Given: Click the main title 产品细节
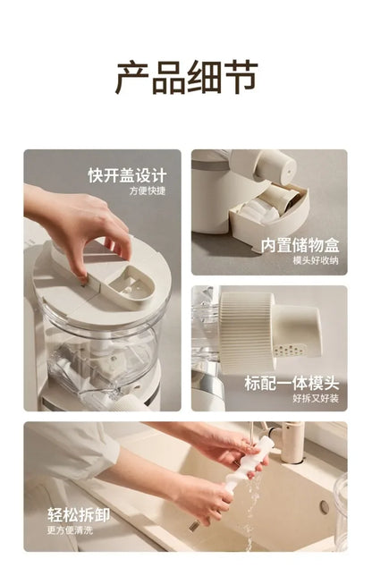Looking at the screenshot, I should [x=186, y=78].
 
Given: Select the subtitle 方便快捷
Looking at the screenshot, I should [x=146, y=191].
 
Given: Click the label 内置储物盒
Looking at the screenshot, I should [x=300, y=245].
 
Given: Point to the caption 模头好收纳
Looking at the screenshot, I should [x=315, y=260].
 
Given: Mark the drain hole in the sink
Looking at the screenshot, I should [x=323, y=508].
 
